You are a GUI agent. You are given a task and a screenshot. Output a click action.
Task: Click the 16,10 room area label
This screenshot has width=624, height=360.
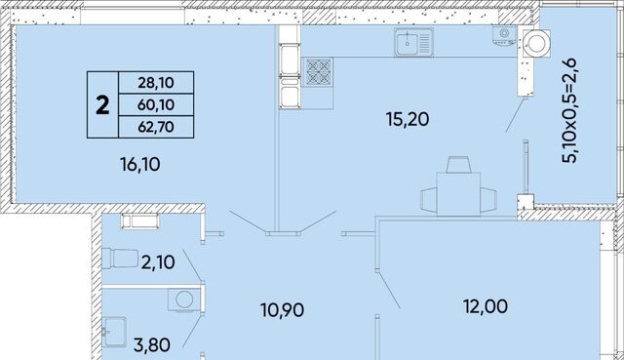[x=140, y=164]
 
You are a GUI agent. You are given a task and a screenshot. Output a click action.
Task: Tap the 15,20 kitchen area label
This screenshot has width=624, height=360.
[x=408, y=119]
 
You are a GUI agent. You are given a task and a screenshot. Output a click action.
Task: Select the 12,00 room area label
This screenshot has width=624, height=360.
[x=486, y=306]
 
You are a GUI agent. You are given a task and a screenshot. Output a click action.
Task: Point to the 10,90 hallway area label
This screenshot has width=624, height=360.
[x=282, y=310]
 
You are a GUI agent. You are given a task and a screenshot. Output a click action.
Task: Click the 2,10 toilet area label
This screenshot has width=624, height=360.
[x=158, y=262]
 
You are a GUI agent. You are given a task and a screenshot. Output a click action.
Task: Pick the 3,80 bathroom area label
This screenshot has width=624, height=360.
[x=152, y=344]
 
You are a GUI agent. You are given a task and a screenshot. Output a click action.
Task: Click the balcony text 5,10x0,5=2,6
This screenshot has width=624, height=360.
[x=570, y=110]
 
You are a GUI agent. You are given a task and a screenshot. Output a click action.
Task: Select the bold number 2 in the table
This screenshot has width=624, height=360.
[x=102, y=105]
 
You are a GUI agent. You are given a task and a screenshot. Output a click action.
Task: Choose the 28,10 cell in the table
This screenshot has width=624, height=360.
[x=156, y=82]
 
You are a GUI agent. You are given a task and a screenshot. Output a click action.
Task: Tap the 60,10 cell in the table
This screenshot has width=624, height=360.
[x=156, y=104]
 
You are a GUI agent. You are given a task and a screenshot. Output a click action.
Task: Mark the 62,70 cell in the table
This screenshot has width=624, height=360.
[x=156, y=127]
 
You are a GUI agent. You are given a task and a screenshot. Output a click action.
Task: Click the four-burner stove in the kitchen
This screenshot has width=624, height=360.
[x=319, y=72]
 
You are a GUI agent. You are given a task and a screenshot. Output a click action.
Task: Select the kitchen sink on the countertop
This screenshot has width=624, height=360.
[x=413, y=42]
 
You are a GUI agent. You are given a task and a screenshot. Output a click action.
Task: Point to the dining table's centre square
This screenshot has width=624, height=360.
[x=458, y=194]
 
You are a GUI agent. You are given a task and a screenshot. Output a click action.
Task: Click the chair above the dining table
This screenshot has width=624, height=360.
[x=458, y=165]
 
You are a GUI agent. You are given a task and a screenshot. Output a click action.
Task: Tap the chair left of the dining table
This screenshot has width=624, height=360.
[x=429, y=200]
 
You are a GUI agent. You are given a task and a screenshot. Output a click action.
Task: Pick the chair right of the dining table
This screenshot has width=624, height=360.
[x=488, y=200]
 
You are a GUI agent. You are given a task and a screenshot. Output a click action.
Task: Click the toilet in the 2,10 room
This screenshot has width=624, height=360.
[x=119, y=259]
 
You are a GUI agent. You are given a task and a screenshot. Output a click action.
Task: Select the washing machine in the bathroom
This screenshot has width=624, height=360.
[x=183, y=300]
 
